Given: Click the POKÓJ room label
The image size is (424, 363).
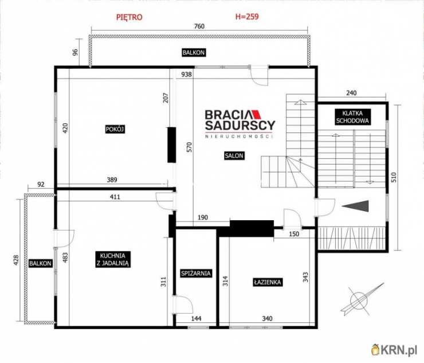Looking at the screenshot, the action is click(x=115, y=130).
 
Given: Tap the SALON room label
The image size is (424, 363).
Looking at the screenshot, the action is click(x=234, y=155).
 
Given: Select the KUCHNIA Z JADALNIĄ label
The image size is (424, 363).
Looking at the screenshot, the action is click(x=113, y=259).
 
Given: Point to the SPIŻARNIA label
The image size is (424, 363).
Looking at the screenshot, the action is click(x=196, y=274).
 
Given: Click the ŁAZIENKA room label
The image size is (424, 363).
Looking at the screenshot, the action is click(x=268, y=282).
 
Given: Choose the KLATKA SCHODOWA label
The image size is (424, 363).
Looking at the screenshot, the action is click(x=352, y=117).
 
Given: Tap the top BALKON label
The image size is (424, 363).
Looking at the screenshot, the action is click(x=193, y=53).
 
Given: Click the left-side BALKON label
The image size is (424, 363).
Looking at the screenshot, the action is click(x=40, y=263).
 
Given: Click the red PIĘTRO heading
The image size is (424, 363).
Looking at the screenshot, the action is click(x=129, y=17).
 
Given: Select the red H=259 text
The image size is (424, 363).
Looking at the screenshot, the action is click(x=247, y=17).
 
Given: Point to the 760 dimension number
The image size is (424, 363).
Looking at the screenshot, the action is click(x=199, y=26).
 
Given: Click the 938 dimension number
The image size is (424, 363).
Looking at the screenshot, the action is click(x=187, y=74).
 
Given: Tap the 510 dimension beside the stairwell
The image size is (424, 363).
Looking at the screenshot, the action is click(x=394, y=177).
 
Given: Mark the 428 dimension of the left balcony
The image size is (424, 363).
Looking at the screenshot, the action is click(x=16, y=260).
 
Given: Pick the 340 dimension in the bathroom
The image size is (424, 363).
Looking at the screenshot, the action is click(x=267, y=319).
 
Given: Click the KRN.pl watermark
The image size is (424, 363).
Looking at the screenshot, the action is click(x=394, y=350).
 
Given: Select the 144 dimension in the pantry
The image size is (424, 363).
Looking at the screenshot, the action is click(x=196, y=319).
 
